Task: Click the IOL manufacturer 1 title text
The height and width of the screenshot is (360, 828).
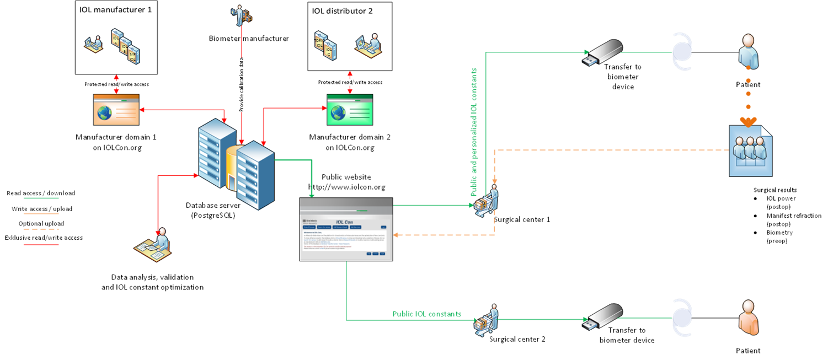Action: (x=115, y=10)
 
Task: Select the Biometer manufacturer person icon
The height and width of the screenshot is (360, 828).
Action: (x=242, y=16)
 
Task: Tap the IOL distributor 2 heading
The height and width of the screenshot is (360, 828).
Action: (x=342, y=10)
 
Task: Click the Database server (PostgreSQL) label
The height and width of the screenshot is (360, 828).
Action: (x=210, y=210)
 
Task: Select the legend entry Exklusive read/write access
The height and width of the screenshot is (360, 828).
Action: (x=44, y=238)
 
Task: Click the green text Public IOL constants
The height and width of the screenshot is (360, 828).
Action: (x=426, y=314)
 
